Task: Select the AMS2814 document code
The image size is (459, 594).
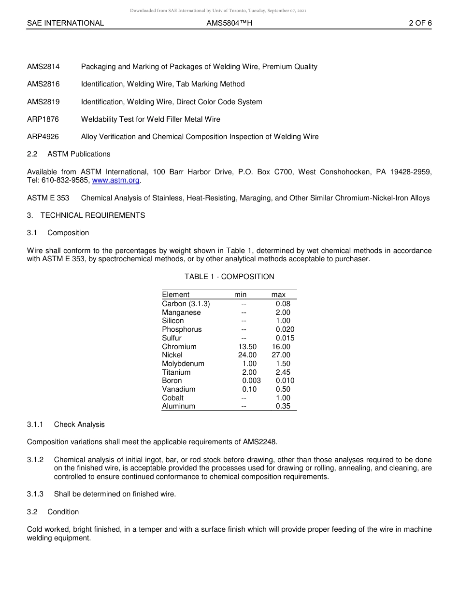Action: (x=43, y=67)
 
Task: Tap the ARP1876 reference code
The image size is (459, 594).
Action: (x=43, y=119)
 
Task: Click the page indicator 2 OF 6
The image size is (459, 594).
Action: (x=420, y=23)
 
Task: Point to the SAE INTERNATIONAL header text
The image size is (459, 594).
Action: (x=65, y=23)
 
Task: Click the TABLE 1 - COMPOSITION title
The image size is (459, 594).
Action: (x=229, y=277)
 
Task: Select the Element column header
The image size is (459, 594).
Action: (x=176, y=295)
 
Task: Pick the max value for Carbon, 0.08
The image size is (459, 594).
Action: (x=283, y=304)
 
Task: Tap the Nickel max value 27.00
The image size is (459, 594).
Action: (x=281, y=355)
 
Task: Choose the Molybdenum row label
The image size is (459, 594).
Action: (x=183, y=364)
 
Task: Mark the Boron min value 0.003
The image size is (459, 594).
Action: (x=251, y=381)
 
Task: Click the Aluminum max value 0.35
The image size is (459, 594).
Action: (x=283, y=406)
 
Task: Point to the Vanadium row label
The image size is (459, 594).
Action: (x=179, y=389)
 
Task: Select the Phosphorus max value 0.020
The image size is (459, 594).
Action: (x=285, y=329)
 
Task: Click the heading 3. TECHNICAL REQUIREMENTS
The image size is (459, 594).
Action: (x=86, y=215)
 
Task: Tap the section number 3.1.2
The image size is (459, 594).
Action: (x=35, y=460)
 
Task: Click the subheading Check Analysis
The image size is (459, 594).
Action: (x=79, y=424)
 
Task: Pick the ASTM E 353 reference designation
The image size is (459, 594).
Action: (x=48, y=198)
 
